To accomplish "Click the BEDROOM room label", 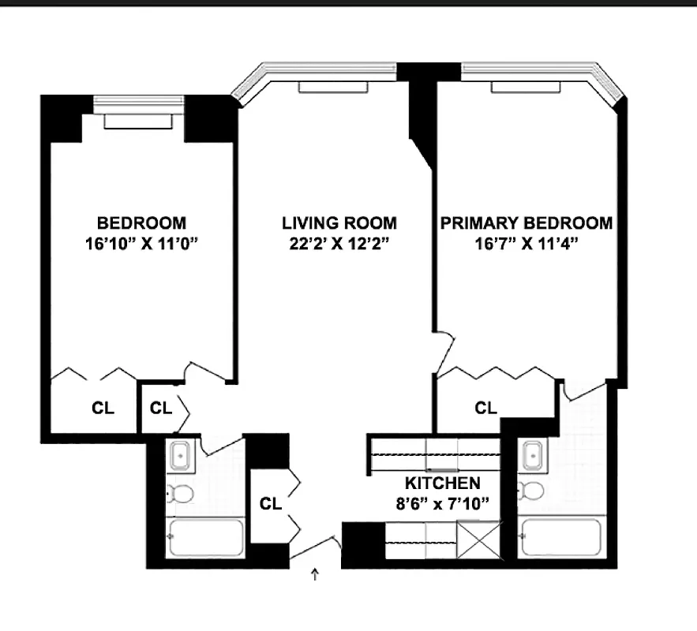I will tap(141, 223).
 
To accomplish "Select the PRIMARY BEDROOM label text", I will tap(526, 223).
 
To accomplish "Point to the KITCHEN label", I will tap(442, 483).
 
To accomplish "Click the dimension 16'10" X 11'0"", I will tap(141, 244).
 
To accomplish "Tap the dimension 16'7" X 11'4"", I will tap(526, 244).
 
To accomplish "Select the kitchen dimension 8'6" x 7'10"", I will tap(442, 502).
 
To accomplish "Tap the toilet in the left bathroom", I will tap(181, 494).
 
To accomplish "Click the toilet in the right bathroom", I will tap(532, 491).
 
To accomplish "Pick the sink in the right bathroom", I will tap(531, 455).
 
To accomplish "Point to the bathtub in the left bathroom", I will tap(207, 537).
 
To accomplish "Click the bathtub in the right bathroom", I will tap(563, 537).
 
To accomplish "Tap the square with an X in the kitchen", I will tap(480, 543).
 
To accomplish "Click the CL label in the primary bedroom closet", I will tap(486, 408).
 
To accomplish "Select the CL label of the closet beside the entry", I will tap(271, 503).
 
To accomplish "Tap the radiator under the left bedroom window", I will tap(138, 121).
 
